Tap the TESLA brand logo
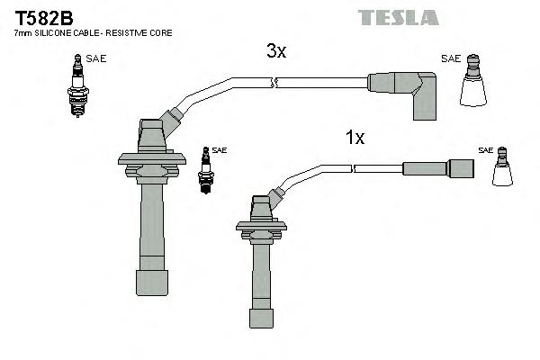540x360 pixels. (x=397, y=17)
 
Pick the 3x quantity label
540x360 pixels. (x=275, y=52)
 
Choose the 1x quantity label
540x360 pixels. (x=355, y=138)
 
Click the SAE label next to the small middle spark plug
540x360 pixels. (x=220, y=150)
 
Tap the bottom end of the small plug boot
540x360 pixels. (x=261, y=317)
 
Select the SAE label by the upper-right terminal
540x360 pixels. (x=450, y=59)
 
